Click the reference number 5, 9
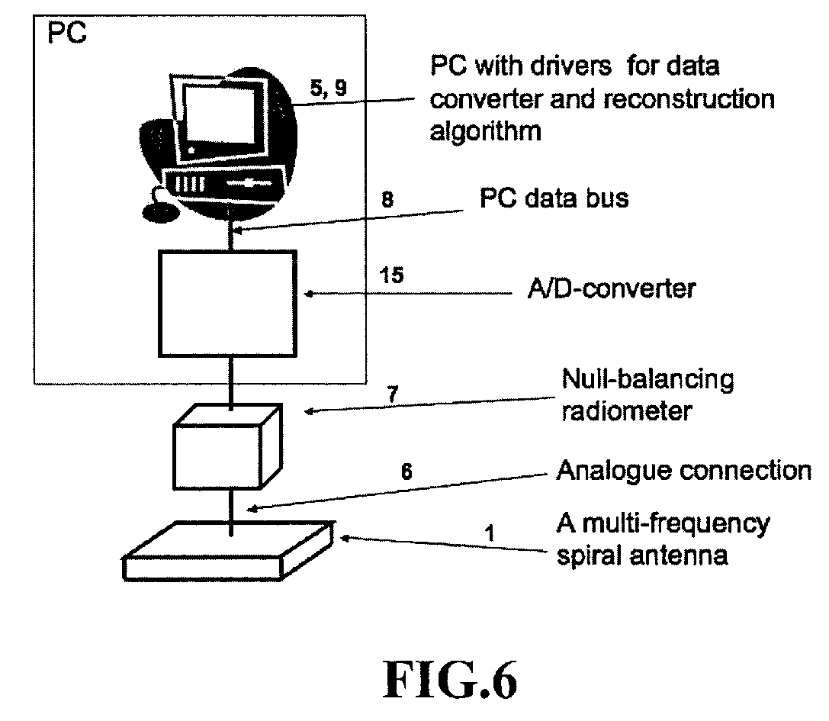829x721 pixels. tap(328, 88)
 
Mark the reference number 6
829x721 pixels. tap(407, 472)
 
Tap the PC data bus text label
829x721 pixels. tap(554, 199)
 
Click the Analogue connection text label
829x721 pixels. tap(683, 470)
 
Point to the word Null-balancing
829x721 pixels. tap(647, 379)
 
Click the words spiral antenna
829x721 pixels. tap(641, 555)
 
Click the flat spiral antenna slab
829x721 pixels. tap(227, 550)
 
